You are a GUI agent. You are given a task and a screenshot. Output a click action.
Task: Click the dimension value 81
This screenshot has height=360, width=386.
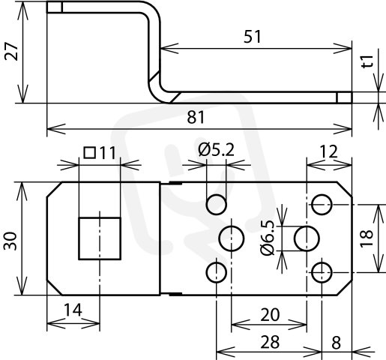196,117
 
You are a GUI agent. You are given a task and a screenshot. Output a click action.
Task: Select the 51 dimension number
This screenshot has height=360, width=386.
252,37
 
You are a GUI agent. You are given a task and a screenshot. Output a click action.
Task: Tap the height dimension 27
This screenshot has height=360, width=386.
11,52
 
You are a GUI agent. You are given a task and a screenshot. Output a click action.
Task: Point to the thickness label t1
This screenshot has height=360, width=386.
368,61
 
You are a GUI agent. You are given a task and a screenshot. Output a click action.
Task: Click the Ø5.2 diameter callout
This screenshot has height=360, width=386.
217,150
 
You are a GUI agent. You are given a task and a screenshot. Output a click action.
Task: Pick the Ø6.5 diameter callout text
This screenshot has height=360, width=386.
268,238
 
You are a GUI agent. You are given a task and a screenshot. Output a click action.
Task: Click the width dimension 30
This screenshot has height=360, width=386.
10,241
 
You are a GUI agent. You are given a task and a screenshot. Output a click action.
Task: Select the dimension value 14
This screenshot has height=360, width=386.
73,310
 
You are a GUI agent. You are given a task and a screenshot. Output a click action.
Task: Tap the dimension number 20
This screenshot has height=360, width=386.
270,315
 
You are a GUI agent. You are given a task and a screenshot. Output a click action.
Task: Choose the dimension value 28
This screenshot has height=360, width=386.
270,342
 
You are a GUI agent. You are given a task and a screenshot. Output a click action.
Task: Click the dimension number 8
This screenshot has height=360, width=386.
337,343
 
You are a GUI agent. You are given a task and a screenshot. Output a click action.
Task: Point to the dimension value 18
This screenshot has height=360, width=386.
367,238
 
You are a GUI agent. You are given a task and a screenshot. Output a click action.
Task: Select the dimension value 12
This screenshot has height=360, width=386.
329,151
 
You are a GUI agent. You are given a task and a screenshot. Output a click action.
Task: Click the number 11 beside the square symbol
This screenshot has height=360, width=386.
107,153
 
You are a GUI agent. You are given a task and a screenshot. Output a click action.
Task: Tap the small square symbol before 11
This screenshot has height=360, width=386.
90,153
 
